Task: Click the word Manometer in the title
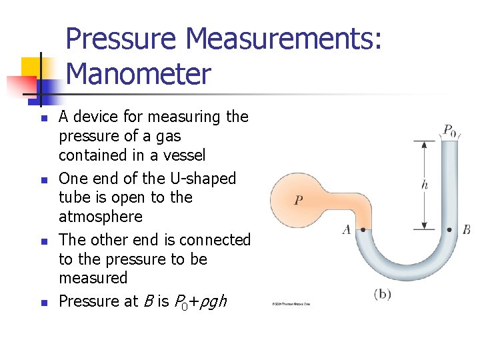(x=139, y=73)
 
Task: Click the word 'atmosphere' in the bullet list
(x=101, y=217)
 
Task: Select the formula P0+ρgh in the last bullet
(x=199, y=302)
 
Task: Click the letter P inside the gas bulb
(x=299, y=200)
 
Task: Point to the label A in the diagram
(x=347, y=230)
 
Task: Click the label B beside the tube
(x=466, y=230)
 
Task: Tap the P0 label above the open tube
(x=450, y=129)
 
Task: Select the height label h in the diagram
(x=425, y=185)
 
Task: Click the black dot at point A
(x=363, y=230)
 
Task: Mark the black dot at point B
(x=449, y=230)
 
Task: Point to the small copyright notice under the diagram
(x=291, y=304)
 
